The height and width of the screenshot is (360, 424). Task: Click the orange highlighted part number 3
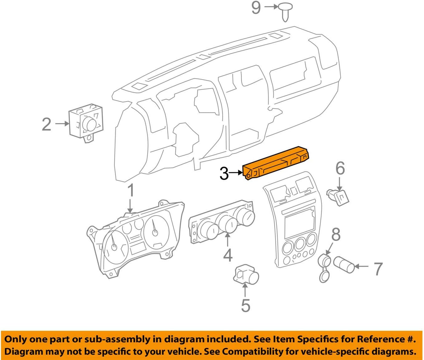pos(277,163)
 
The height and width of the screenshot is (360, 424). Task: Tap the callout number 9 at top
pos(256,7)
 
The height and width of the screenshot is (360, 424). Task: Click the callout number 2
pos(47,124)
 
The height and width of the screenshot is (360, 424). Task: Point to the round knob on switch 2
pos(90,124)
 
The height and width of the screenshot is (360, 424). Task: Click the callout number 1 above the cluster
pos(131,190)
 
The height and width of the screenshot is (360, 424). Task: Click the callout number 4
pos(228,255)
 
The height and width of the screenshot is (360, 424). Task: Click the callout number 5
pos(246,305)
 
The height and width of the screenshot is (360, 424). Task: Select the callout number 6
pos(340,168)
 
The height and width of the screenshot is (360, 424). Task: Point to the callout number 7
pos(378,269)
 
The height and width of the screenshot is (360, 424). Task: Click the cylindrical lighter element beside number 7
pos(344,265)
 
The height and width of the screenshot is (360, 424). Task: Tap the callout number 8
pos(336,235)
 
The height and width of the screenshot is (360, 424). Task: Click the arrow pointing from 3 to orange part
pos(237,173)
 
